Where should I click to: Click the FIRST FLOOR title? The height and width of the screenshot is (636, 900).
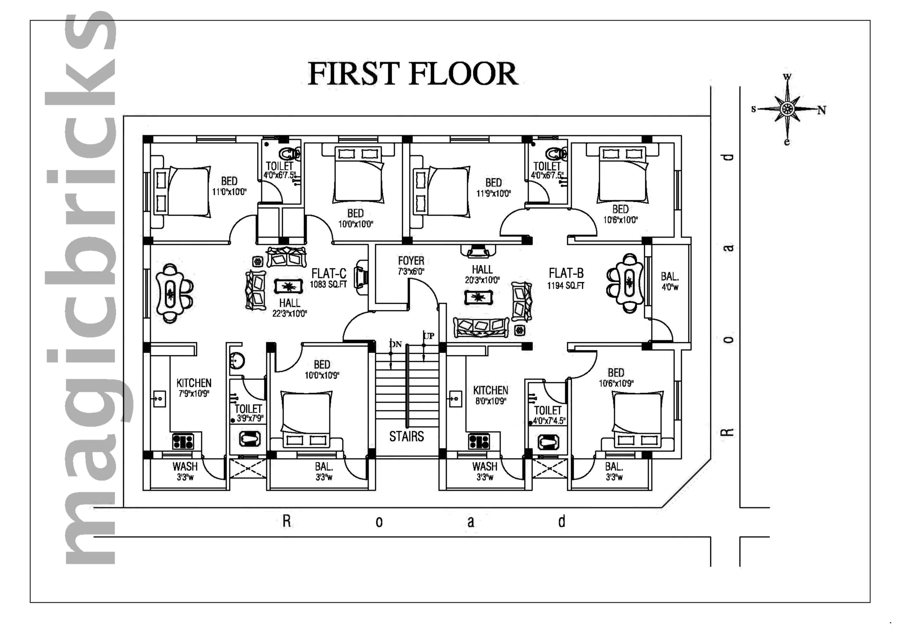click(413, 74)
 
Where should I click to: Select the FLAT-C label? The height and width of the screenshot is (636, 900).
click(329, 273)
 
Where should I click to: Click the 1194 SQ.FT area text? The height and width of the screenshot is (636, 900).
click(566, 285)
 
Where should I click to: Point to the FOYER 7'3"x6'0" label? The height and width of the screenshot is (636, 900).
click(411, 266)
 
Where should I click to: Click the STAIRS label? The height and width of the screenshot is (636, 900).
click(406, 437)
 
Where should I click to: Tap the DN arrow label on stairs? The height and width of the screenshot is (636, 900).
click(396, 344)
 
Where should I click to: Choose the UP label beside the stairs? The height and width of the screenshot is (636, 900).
click(429, 336)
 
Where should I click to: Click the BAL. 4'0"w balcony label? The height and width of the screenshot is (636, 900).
click(670, 281)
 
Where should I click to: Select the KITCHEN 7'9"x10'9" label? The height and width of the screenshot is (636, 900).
click(194, 388)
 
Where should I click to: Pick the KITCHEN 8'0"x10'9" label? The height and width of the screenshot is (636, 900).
click(490, 395)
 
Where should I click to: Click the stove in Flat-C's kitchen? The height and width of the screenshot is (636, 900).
click(183, 442)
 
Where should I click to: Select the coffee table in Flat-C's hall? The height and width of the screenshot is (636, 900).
click(288, 287)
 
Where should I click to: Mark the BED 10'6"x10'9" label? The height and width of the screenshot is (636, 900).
click(616, 378)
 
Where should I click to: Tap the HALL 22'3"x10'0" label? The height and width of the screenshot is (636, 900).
click(290, 308)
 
